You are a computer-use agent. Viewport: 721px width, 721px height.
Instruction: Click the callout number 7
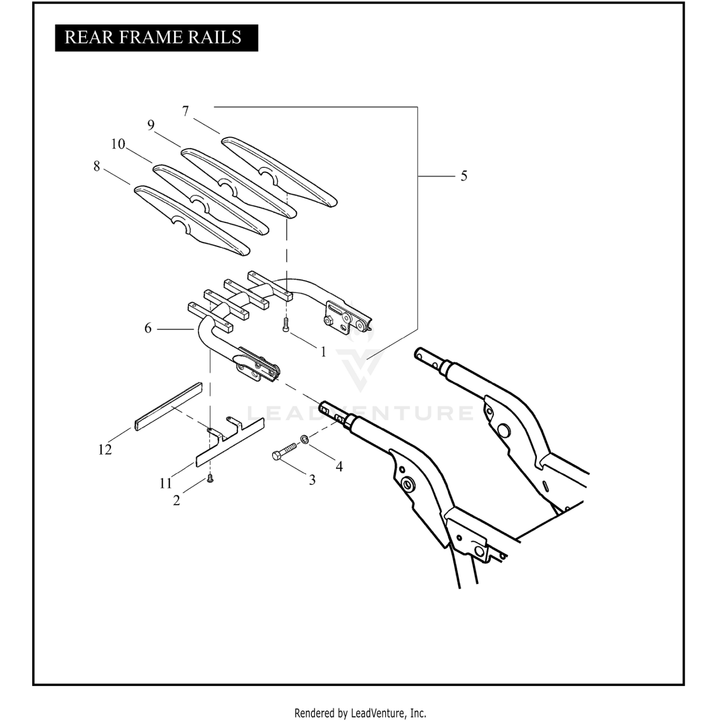tap(186, 111)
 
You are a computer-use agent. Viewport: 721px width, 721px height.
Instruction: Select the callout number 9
tap(151, 125)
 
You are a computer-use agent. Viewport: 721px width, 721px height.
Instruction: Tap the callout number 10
tap(118, 144)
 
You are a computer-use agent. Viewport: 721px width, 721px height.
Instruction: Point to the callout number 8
tap(97, 166)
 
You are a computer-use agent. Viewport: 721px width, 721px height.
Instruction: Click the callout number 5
tap(463, 176)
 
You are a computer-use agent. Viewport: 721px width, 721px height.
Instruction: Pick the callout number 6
tap(148, 328)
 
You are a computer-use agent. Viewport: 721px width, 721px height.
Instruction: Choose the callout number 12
tap(105, 449)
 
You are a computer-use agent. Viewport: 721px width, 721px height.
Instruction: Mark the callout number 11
tap(165, 483)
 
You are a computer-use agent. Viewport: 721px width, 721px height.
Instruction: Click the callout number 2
tap(176, 500)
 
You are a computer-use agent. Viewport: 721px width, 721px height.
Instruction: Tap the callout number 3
tap(312, 480)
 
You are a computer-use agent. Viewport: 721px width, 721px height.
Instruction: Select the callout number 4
tap(339, 466)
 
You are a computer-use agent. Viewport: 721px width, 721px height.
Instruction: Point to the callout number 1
tap(323, 352)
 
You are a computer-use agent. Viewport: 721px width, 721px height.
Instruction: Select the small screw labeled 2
tap(210, 478)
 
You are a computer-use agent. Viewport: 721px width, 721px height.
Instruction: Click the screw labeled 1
tap(286, 325)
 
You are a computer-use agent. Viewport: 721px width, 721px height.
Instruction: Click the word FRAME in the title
tap(153, 37)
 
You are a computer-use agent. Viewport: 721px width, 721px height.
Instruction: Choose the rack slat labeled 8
tap(192, 221)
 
